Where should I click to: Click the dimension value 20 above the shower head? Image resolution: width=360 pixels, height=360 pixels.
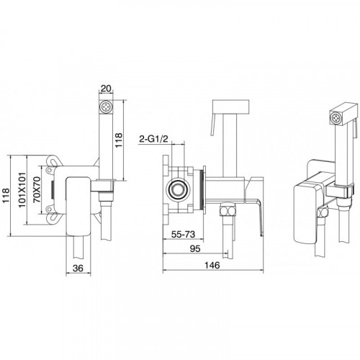coord(106,89)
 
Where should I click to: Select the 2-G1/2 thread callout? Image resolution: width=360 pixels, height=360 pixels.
coord(153,139)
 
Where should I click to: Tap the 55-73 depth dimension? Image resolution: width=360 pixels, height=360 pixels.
coord(183,234)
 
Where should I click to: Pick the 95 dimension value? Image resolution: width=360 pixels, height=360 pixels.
coord(195,248)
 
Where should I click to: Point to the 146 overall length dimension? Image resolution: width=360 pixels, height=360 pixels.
coord(212,265)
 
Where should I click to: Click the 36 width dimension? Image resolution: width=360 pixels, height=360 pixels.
coord(78,268)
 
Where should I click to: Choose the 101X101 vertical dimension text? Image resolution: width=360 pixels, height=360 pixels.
coord(22,189)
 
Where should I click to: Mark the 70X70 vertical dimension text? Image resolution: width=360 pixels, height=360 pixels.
coord(37,189)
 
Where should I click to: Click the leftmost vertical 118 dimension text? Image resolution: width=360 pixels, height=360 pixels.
coord(6,196)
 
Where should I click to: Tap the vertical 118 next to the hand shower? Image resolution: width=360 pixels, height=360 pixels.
coord(118,140)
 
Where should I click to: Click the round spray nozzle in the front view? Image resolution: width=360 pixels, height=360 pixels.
coord(106,106)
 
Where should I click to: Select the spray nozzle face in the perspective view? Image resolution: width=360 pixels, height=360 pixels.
coord(335,118)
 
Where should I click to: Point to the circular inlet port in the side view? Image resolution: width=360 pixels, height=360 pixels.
coord(178,189)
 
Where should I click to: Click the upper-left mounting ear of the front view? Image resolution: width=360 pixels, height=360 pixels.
coord(53,161)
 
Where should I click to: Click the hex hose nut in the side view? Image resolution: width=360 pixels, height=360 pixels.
coord(228,211)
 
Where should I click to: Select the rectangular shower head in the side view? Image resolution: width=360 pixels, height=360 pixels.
coord(231,107)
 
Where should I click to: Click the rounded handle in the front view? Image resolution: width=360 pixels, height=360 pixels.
coord(78,206)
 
